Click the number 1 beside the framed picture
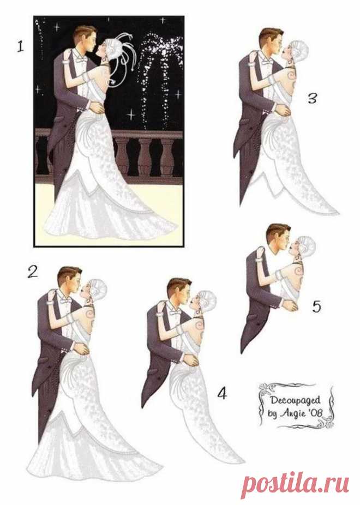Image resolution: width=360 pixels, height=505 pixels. [x=21, y=47]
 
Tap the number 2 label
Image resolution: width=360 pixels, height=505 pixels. [x=33, y=272]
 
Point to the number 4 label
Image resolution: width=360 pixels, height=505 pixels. [x=222, y=393]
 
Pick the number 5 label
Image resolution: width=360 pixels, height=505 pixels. [x=317, y=306]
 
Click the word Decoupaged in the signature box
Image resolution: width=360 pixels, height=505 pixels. [x=295, y=401]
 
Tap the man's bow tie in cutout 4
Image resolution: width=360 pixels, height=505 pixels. [x=175, y=312]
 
